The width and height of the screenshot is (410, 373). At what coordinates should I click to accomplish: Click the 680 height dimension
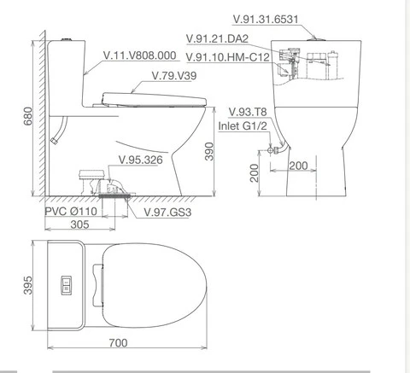pos(28,116)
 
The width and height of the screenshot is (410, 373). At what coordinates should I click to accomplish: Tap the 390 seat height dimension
pos(209,151)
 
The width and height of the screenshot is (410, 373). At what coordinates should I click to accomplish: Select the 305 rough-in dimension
pos(79,224)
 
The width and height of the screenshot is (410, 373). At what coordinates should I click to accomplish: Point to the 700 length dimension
pos(118,343)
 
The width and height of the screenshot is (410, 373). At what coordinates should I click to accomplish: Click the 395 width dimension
pos(28,285)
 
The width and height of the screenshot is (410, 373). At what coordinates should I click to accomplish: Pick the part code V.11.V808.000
pos(139,55)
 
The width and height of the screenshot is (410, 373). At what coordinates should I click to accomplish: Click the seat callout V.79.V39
pos(174,76)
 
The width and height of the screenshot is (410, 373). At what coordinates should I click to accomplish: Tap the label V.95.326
pos(141,160)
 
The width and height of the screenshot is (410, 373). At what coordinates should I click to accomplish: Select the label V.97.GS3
pos(167,213)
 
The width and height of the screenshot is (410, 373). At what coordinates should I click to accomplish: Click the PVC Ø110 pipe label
pos(71,212)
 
